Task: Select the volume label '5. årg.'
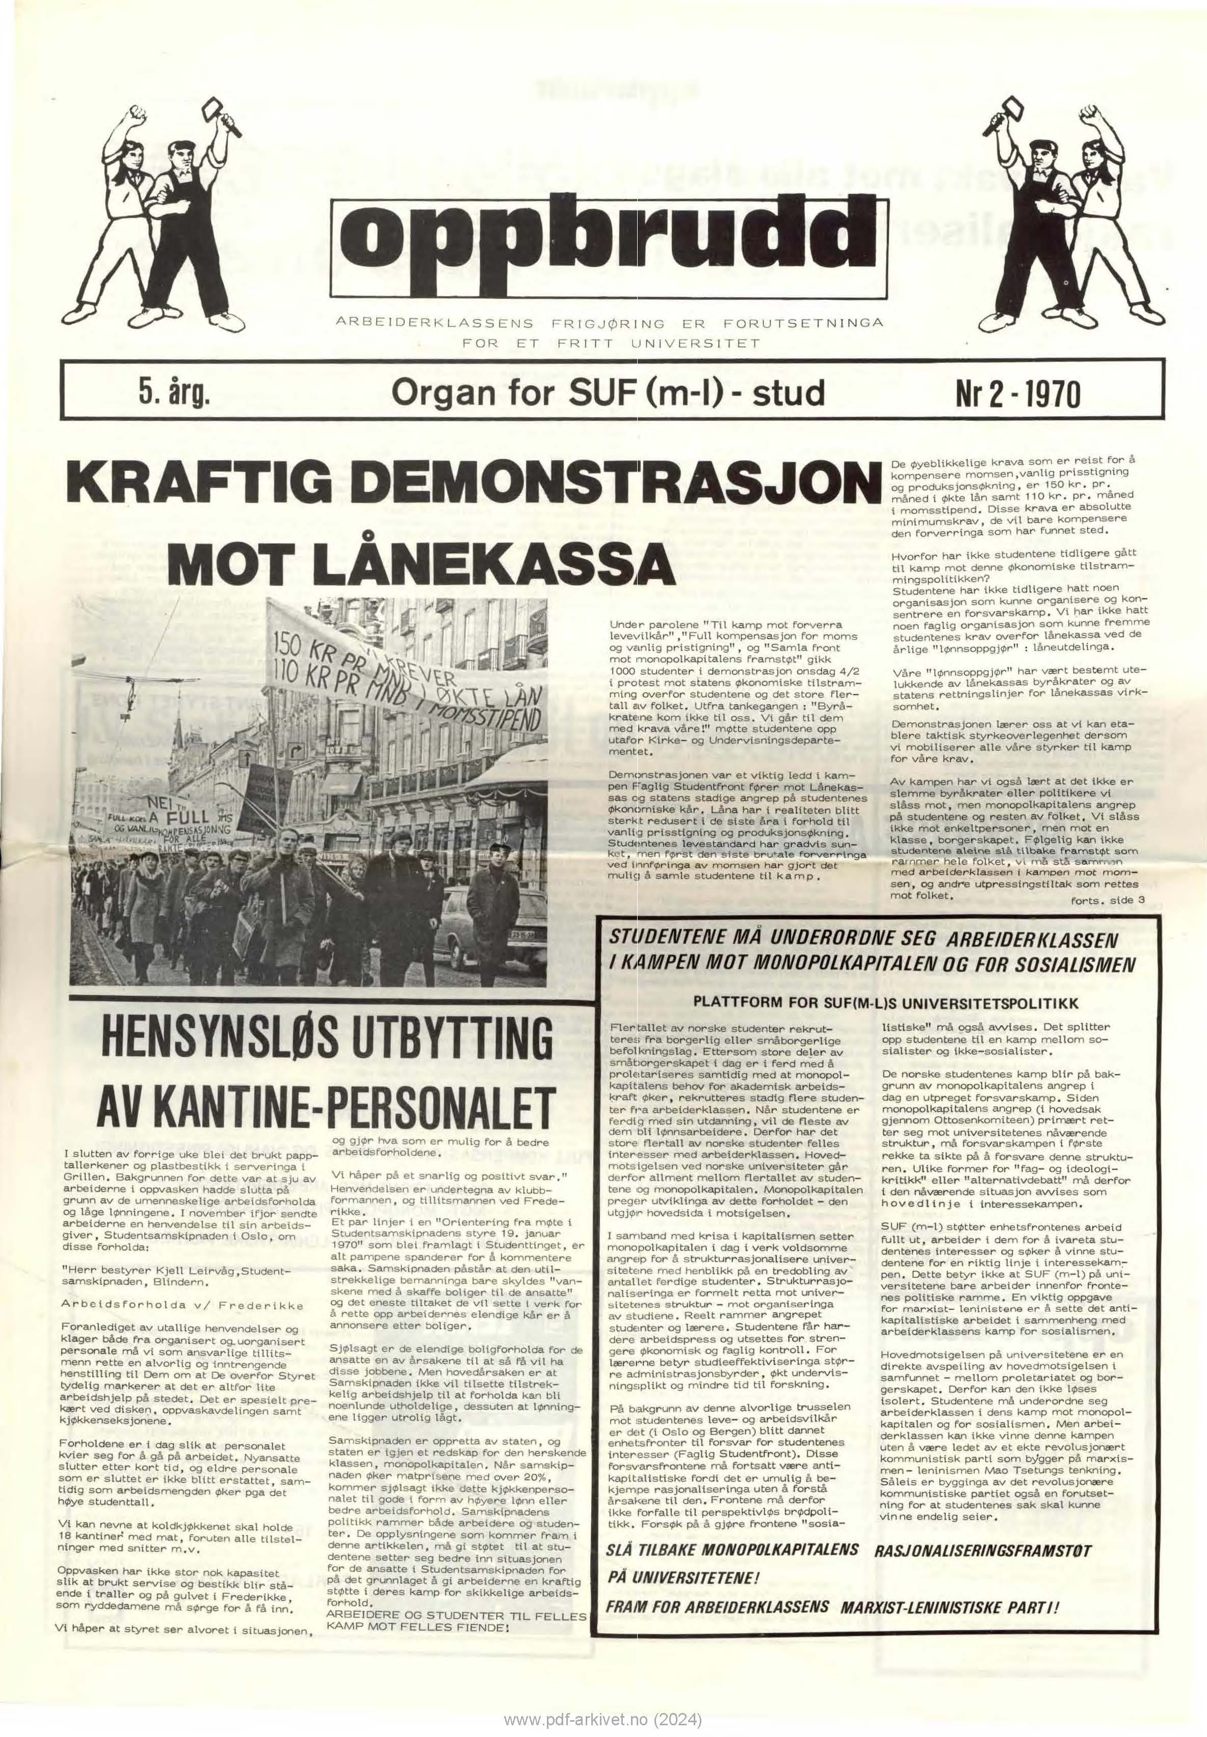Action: click(173, 393)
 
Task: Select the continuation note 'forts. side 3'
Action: click(1108, 900)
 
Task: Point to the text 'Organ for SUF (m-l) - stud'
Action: click(606, 393)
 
